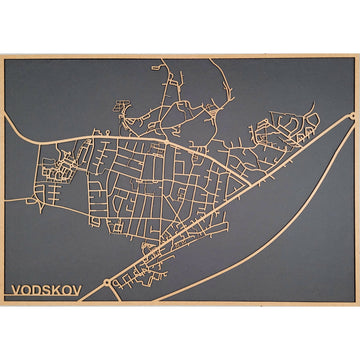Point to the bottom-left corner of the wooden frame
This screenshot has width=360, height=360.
[x=2, y=303]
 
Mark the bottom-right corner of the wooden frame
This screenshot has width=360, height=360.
[x=358, y=303]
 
